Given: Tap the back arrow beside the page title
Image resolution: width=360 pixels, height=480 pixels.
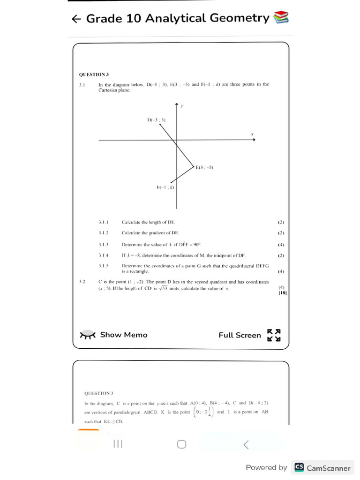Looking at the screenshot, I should coord(76,19).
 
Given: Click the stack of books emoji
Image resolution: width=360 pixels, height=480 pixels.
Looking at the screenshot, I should coord(281,18).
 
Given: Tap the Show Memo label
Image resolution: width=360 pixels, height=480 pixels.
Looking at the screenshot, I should coord(124,335).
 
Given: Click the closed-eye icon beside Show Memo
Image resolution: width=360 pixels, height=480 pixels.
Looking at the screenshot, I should coord(88,335).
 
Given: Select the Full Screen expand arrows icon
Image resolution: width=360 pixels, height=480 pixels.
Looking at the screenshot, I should coord(274,335).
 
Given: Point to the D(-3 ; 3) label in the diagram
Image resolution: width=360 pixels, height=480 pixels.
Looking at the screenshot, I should coord(156,120).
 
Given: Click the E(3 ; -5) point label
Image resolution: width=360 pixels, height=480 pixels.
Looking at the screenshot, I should coord(205,167).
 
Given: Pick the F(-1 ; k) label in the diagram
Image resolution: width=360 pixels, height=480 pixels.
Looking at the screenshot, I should coord(165,187).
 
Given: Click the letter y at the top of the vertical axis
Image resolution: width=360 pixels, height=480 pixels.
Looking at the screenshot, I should coord(182,106).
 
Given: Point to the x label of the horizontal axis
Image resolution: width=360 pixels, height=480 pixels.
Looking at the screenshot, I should coord(252,135).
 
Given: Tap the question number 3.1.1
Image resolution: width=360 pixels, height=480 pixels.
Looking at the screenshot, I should coord(104,222).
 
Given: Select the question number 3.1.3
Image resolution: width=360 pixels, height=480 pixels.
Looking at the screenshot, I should coord(104,244).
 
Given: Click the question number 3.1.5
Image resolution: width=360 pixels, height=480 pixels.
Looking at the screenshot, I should coord(104,265).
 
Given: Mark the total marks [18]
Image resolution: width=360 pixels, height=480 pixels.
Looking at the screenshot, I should coord(283,293).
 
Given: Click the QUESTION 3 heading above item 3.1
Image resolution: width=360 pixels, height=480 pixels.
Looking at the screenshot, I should coord(94,74).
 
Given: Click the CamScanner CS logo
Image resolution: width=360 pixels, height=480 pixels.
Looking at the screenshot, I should coord(299,467).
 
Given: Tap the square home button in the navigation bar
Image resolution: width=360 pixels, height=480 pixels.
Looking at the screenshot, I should coord(182,444).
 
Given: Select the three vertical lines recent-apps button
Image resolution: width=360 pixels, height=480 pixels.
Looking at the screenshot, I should coord(118,444).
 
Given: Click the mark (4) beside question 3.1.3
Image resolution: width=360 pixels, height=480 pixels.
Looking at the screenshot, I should coord(281,245).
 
